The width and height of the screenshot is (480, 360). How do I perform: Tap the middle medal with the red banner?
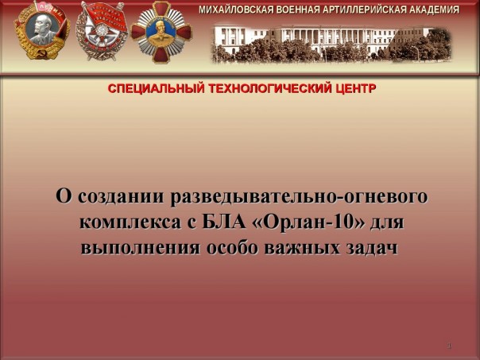click(x=102, y=31)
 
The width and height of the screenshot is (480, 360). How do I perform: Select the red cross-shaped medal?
click(x=161, y=31)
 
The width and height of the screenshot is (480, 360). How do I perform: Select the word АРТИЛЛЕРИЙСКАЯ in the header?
click(x=365, y=10)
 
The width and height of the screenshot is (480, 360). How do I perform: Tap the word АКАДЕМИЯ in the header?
click(x=432, y=10)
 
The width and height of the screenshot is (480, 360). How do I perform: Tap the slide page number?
click(x=449, y=346)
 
